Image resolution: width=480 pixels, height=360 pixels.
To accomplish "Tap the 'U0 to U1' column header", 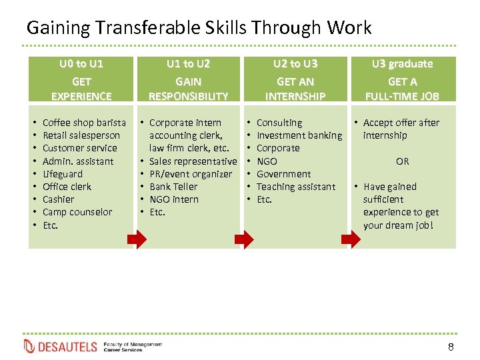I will pyautogui.click(x=81, y=64).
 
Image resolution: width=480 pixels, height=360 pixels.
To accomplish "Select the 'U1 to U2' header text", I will pyautogui.click(x=188, y=64).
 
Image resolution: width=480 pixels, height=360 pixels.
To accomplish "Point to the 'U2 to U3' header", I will pyautogui.click(x=295, y=64).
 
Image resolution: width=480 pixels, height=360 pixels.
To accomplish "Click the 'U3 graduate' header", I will pyautogui.click(x=402, y=64).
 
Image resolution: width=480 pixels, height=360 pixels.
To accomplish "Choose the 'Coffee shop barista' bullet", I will pyautogui.click(x=84, y=123).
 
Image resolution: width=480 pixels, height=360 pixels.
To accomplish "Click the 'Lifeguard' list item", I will pyautogui.click(x=63, y=174).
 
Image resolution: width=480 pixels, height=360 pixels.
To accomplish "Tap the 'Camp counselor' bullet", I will pyautogui.click(x=77, y=212).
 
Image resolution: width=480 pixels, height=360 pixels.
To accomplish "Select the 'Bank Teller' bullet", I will pyautogui.click(x=173, y=187).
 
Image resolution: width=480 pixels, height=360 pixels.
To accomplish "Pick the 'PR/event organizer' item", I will pyautogui.click(x=191, y=174).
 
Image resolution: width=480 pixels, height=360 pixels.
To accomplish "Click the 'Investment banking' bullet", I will pyautogui.click(x=299, y=135).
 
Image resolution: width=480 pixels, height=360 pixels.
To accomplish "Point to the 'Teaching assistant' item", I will pyautogui.click(x=296, y=187).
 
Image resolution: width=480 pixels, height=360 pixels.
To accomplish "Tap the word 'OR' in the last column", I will pyautogui.click(x=403, y=161).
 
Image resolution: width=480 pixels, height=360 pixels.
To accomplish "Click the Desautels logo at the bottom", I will pyautogui.click(x=61, y=347).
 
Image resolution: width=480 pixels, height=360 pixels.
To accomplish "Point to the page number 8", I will pyautogui.click(x=451, y=347).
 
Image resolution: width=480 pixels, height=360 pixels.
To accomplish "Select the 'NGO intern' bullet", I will pyautogui.click(x=173, y=199).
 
